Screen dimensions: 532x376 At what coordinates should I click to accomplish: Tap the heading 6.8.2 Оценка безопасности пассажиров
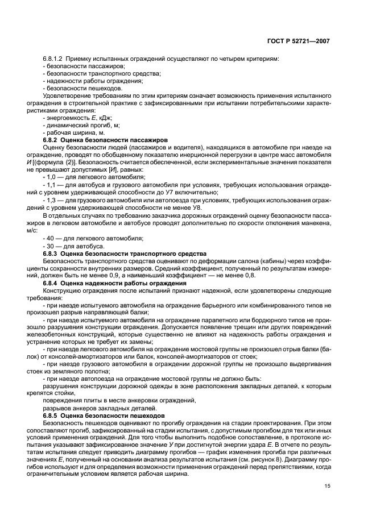click(x=98, y=140)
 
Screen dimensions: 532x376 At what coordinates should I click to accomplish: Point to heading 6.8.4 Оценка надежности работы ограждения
click(x=111, y=283)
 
